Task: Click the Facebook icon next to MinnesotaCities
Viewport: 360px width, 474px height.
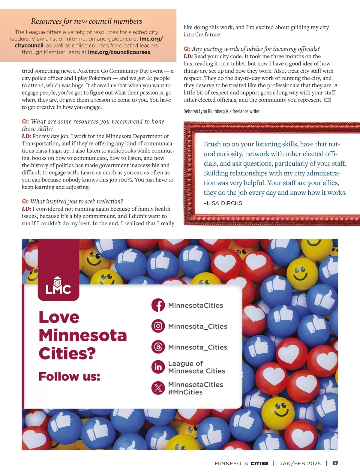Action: [x=158, y=305]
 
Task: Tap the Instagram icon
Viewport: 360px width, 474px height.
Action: [x=158, y=326]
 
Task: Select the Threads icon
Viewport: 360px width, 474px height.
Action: [x=158, y=347]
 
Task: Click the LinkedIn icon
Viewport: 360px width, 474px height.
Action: [x=158, y=367]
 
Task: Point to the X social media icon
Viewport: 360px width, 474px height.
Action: [x=158, y=388]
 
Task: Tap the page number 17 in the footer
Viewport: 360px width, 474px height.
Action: [x=335, y=463]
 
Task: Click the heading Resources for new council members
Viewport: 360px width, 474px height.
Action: [x=86, y=21]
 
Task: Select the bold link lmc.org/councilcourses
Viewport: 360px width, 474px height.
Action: [x=119, y=52]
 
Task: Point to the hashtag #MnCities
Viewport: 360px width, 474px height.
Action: [x=185, y=392]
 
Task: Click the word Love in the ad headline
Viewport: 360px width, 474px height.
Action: [x=59, y=317]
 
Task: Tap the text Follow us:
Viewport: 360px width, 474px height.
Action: [x=69, y=376]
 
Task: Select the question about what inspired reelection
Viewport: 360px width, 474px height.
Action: [x=76, y=201]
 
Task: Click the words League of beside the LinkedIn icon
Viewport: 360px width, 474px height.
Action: [x=185, y=364]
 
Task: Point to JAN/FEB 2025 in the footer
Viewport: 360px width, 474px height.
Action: [x=300, y=463]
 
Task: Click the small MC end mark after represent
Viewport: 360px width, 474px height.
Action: [x=328, y=100]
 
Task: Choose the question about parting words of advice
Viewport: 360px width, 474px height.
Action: [x=255, y=49]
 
